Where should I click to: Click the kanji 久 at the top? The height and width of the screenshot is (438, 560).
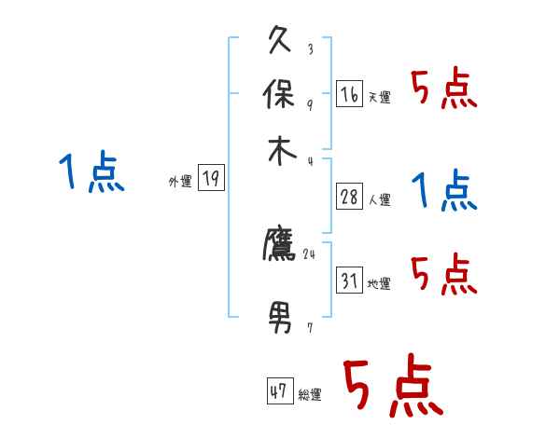[x=280, y=41]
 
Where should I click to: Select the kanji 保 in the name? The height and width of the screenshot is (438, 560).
[x=280, y=94]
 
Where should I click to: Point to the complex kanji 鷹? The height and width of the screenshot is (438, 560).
[x=280, y=245]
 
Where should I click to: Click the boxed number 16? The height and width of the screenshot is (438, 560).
[x=349, y=93]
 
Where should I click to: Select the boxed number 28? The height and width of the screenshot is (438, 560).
[x=349, y=196]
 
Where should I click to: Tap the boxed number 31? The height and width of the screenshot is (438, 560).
[x=349, y=281]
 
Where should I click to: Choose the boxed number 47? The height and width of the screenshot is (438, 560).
[x=278, y=391]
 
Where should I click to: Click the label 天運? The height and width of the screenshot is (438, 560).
[x=379, y=97]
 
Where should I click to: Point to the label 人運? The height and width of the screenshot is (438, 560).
[x=379, y=199]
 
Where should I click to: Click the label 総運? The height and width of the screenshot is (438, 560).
[x=310, y=395]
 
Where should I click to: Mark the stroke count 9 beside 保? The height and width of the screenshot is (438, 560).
[x=309, y=104]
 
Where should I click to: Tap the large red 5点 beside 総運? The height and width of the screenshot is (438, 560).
[x=391, y=388]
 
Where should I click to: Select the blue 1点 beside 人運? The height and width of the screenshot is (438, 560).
[x=444, y=191]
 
